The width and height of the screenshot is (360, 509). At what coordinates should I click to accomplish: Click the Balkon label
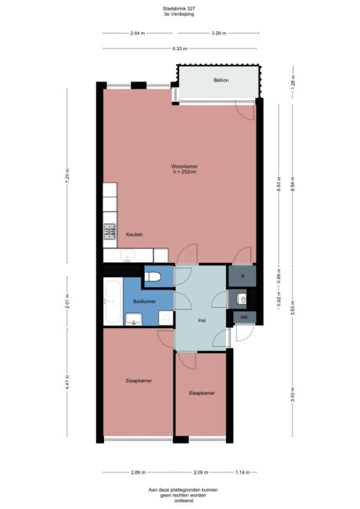221,81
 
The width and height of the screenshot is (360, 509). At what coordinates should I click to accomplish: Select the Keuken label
134,234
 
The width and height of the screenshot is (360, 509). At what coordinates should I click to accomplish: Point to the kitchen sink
128,254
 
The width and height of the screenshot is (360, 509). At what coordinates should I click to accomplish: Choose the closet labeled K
243,276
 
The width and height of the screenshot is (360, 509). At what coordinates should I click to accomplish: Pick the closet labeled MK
244,316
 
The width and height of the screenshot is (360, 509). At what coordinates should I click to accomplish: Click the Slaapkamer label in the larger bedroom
138,381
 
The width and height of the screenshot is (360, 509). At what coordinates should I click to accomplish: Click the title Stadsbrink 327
179,9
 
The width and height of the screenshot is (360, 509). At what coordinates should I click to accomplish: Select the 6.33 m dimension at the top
179,49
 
